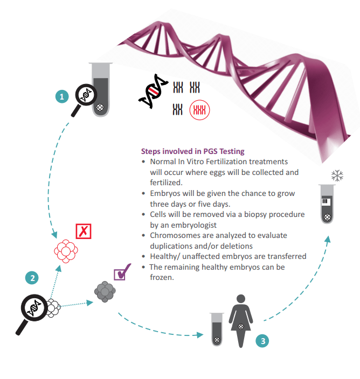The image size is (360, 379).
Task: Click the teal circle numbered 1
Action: pyautogui.click(x=62, y=96)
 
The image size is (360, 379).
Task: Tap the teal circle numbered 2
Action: pyautogui.click(x=32, y=278)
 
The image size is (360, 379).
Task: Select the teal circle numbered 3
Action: pyautogui.click(x=262, y=341)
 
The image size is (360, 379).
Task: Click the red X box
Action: pyautogui.click(x=84, y=231)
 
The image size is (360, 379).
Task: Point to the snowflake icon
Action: pyautogui.click(x=337, y=176)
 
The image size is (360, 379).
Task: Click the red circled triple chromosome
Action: pyautogui.click(x=199, y=110)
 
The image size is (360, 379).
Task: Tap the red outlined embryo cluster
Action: pyautogui.click(x=66, y=251)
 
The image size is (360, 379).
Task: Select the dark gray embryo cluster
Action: pyautogui.click(x=105, y=291)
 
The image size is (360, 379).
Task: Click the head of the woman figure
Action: pyautogui.click(x=241, y=299)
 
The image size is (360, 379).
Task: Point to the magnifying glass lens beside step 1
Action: pyautogui.click(x=86, y=95)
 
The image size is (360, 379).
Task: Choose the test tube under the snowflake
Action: pyautogui.click(x=327, y=204)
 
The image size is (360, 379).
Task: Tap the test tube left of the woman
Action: pyautogui.click(x=217, y=329)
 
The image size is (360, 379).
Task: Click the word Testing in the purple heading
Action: pyautogui.click(x=232, y=151)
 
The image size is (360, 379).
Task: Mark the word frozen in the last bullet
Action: pyautogui.click(x=161, y=277)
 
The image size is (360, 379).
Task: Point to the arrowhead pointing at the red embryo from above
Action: pyautogui.click(x=54, y=235)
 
